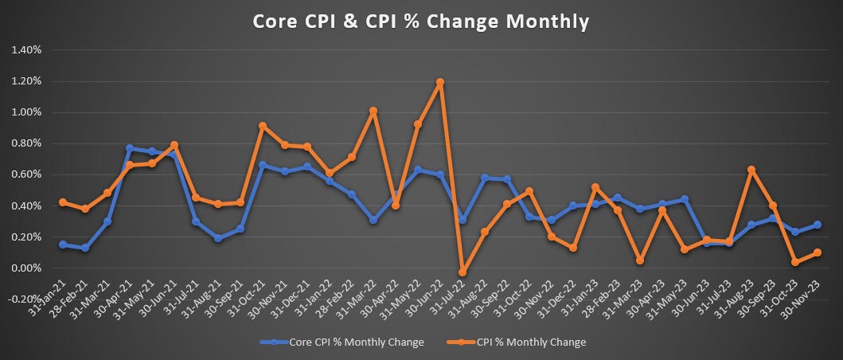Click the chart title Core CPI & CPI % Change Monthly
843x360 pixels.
[x=421, y=22]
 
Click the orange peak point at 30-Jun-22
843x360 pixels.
[x=439, y=82]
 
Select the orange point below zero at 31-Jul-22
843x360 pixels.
[x=462, y=272]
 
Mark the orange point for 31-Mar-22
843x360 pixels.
[x=373, y=111]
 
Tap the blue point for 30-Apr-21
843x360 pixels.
[x=129, y=148]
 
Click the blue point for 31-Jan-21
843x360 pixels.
[x=62, y=245]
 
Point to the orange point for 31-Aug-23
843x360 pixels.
[x=751, y=170]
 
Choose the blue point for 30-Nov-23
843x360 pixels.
[x=818, y=225]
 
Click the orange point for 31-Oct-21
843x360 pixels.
[x=263, y=126]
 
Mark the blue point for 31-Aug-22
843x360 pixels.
[x=484, y=178]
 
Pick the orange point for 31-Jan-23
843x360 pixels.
[x=595, y=187]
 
